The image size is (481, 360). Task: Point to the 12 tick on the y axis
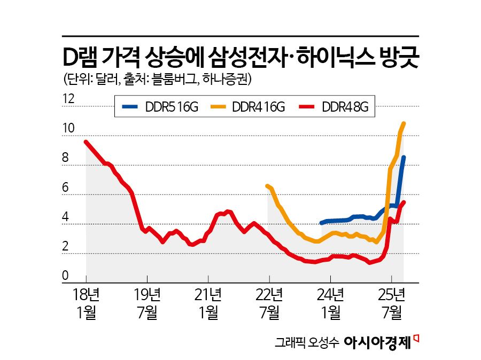tap(68, 99)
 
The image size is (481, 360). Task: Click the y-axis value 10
tap(68, 129)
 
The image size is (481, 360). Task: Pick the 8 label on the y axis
tap(65, 158)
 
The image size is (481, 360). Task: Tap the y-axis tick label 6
tap(65, 187)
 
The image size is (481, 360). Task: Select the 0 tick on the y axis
tap(65, 276)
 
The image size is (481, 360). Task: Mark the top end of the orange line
tap(404, 123)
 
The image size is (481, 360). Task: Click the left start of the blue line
tap(321, 223)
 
